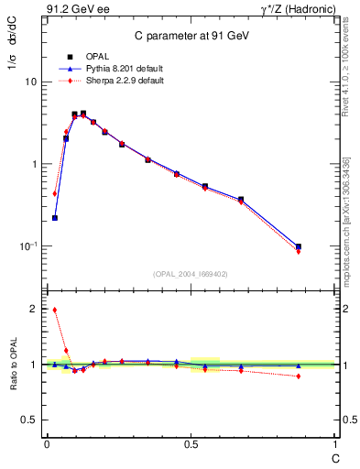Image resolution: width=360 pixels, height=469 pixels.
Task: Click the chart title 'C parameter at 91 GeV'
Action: pyautogui.click(x=191, y=36)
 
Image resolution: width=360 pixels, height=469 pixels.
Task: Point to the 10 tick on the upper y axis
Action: pyautogui.click(x=30, y=82)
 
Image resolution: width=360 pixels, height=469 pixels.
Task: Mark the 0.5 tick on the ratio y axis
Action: pyautogui.click(x=27, y=420)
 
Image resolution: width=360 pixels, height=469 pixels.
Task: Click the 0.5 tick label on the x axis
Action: pyautogui.click(x=191, y=445)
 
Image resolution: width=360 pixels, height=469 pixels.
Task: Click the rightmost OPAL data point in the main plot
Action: pyautogui.click(x=299, y=246)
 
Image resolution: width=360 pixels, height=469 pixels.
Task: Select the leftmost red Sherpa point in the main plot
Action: pyautogui.click(x=55, y=193)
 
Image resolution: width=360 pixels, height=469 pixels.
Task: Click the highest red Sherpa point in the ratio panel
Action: pyautogui.click(x=55, y=310)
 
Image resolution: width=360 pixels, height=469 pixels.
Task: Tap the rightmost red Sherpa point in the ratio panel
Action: pyautogui.click(x=299, y=376)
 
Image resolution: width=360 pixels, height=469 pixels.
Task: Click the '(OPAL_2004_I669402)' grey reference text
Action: pyautogui.click(x=191, y=273)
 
